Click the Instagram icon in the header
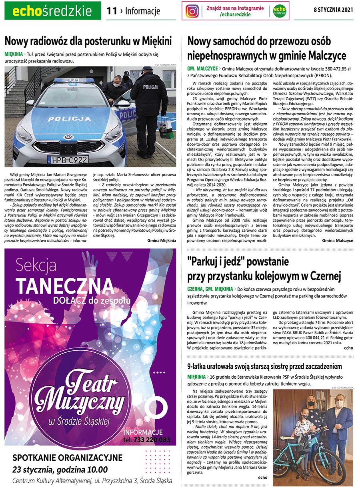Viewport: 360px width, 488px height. point(192,11)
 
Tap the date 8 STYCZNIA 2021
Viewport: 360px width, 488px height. point(333,10)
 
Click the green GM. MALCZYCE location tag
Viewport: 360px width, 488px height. point(202,68)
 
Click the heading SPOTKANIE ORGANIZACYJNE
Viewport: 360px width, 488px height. point(68,458)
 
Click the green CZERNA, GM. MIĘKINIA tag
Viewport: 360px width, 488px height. point(210,289)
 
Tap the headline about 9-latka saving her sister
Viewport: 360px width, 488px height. point(264,366)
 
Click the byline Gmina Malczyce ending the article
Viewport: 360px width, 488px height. point(338,241)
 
